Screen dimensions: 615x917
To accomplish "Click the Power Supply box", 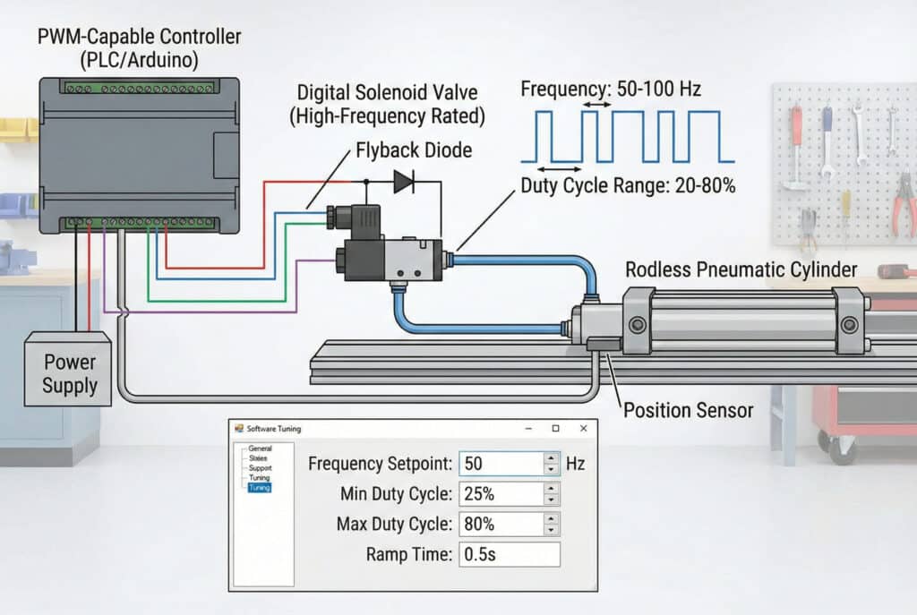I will pos(69,373).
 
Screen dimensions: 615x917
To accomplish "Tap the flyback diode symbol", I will pos(404,183).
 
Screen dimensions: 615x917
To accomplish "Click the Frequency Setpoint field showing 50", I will pos(500,464).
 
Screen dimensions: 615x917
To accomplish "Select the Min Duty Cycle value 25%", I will pos(500,493).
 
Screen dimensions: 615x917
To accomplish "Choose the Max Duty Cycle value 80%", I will pos(500,524).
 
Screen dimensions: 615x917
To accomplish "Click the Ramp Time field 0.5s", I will pos(509,554).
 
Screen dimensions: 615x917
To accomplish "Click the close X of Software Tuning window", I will pos(583,429).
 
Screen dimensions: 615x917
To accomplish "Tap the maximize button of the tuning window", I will pos(555,429).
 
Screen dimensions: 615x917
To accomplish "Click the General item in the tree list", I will pos(260,448).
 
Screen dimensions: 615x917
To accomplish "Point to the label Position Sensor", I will pos(688,411).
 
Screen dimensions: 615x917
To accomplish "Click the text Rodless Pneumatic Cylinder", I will pos(741,269).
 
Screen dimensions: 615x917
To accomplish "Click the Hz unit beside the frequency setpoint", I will pos(575,464).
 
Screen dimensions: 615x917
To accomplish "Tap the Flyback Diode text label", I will pos(414,150).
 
